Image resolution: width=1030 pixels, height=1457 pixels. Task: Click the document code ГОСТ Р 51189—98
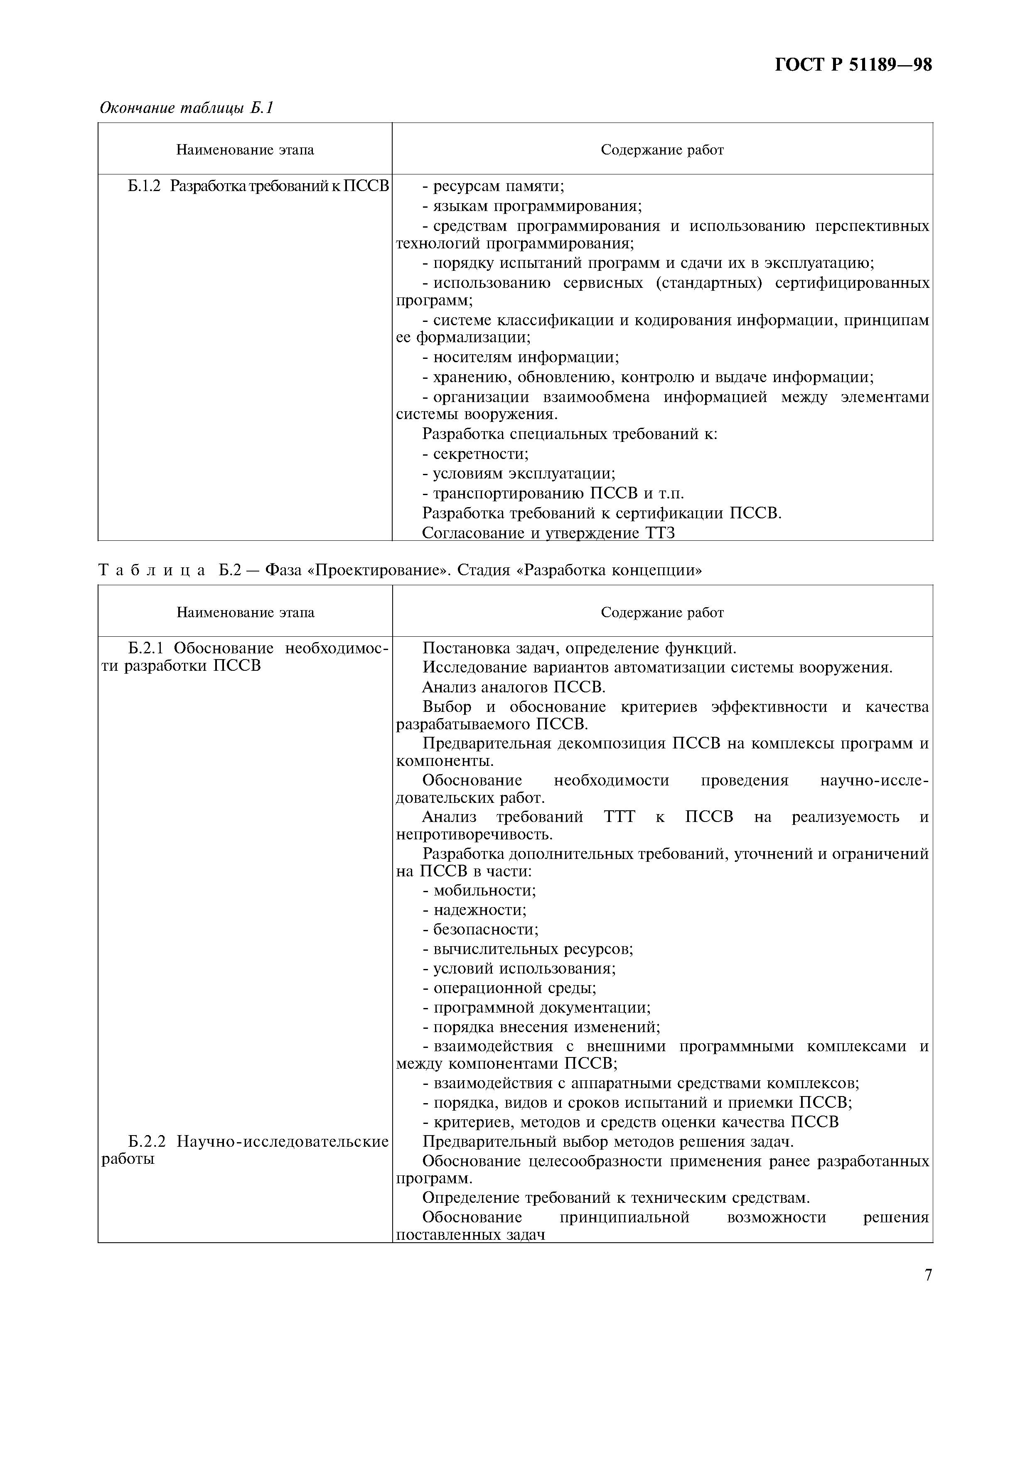(x=853, y=65)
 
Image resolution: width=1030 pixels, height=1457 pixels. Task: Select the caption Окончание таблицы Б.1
(x=186, y=108)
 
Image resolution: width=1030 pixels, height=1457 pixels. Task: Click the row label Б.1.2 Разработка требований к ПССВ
(x=258, y=186)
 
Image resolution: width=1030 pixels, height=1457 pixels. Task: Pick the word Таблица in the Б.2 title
(x=152, y=570)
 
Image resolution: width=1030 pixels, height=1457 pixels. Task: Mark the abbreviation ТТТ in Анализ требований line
(x=620, y=817)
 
